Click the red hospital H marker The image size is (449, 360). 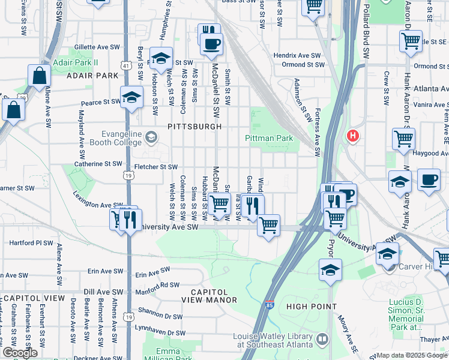point(353,136)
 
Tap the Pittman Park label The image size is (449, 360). point(269,139)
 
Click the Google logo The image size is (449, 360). point(20,353)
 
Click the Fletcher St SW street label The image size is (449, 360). point(156,167)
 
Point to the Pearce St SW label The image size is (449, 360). point(100,103)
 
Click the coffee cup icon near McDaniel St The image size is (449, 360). point(211,43)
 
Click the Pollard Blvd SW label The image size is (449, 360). point(364,30)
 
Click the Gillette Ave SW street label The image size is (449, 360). point(97,47)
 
